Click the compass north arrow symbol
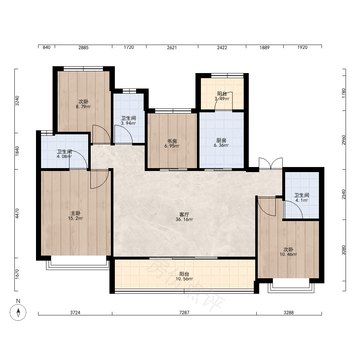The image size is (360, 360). (18, 312)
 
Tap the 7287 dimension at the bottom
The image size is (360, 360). (184, 312)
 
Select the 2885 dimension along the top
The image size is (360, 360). (84, 48)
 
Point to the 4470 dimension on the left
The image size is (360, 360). (17, 213)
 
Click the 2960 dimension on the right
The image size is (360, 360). (343, 140)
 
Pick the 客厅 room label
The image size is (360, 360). (184, 215)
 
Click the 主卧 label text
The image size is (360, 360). (75, 213)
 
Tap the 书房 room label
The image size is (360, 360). (172, 141)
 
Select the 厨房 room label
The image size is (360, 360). (221, 140)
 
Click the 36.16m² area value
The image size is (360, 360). (184, 220)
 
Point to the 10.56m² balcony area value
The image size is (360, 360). (184, 279)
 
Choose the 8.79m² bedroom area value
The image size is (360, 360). (84, 107)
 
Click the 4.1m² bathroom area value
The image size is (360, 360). (302, 200)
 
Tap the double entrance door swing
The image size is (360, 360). (271, 163)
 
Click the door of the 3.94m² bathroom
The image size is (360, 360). (123, 134)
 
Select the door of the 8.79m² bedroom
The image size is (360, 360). (102, 134)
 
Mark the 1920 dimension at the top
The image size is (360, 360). (302, 47)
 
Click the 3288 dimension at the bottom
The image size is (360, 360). (289, 312)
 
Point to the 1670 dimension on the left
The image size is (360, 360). (17, 274)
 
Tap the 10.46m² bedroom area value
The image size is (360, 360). (288, 255)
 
